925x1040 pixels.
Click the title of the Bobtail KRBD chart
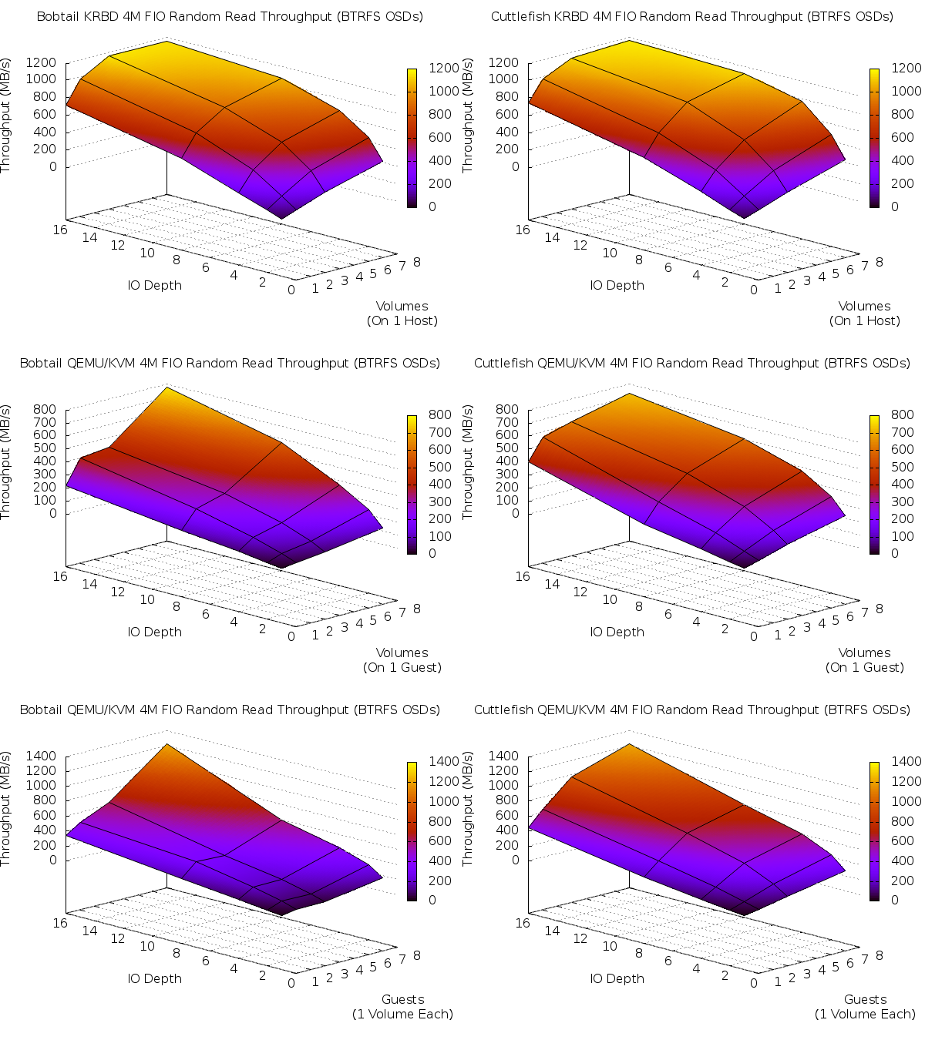click(230, 16)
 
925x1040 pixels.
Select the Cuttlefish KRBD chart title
click(692, 16)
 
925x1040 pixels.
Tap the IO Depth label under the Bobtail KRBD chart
click(155, 285)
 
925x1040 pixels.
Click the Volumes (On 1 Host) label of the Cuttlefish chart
click(865, 314)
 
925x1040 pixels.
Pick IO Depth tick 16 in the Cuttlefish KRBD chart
click(523, 230)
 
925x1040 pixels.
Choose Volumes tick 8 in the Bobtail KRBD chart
click(417, 262)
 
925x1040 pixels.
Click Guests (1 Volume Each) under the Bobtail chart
click(402, 1007)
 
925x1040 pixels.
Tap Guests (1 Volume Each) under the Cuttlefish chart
click(865, 1007)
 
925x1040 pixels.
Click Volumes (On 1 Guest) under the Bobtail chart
click(402, 660)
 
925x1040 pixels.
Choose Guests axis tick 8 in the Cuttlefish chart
click(880, 955)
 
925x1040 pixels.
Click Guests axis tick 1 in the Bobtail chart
click(315, 981)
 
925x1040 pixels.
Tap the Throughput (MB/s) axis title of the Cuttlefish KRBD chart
click(468, 116)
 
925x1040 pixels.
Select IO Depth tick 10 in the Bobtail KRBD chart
click(147, 253)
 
